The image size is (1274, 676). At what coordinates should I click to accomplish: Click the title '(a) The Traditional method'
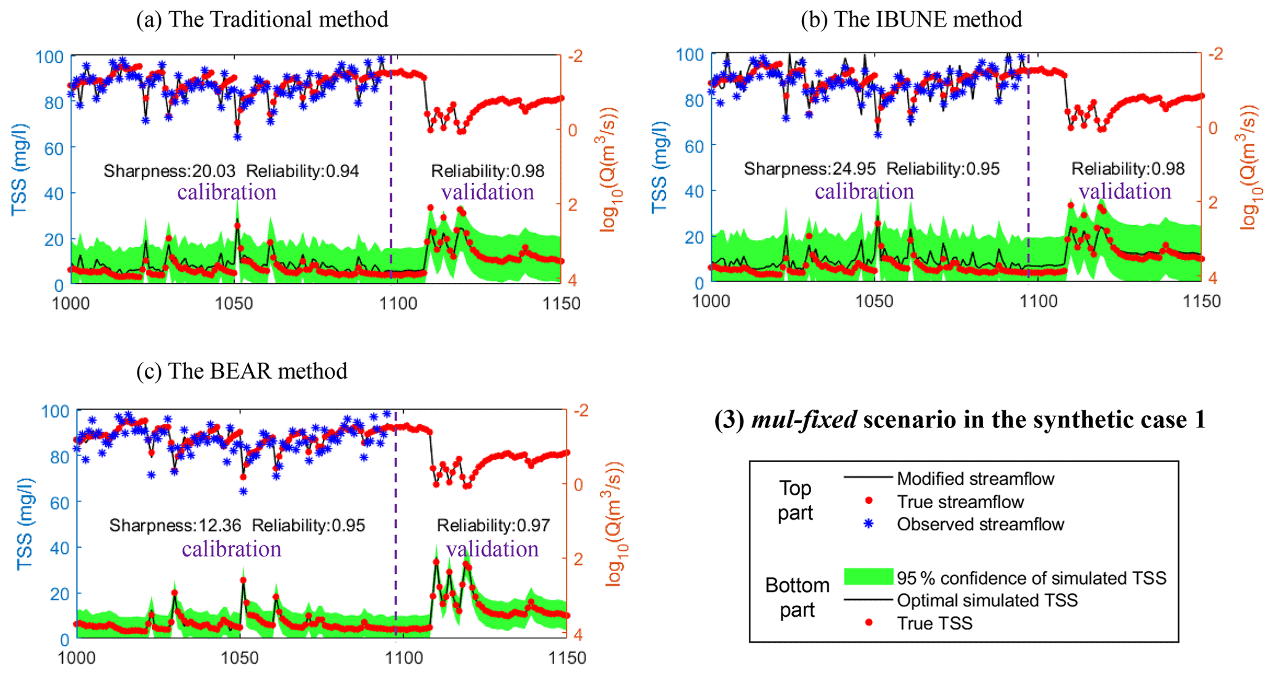(262, 19)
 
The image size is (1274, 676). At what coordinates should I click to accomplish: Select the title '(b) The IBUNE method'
(911, 19)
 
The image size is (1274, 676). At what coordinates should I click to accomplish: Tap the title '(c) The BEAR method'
(242, 371)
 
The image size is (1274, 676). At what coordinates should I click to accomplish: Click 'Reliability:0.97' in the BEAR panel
(493, 526)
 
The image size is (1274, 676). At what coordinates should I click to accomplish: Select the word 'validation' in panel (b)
(1125, 191)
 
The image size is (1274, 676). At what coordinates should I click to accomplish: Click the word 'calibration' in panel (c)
(231, 548)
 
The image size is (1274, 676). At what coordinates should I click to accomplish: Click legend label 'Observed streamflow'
(980, 524)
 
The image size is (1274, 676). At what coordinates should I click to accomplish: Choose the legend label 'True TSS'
(934, 624)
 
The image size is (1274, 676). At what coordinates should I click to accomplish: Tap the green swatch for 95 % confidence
(868, 577)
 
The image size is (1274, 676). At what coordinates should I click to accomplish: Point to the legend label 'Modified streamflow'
(975, 479)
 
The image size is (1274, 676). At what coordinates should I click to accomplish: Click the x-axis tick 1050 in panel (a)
(234, 303)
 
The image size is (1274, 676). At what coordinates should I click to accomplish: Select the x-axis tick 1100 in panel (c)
(404, 658)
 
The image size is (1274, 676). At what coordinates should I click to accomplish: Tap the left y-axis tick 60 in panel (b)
(695, 146)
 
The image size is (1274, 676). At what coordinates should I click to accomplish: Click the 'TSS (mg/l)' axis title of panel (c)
(25, 524)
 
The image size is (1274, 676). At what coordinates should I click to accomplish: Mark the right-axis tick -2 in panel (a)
(574, 57)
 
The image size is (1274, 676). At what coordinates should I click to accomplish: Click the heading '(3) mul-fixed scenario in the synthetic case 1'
(960, 419)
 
